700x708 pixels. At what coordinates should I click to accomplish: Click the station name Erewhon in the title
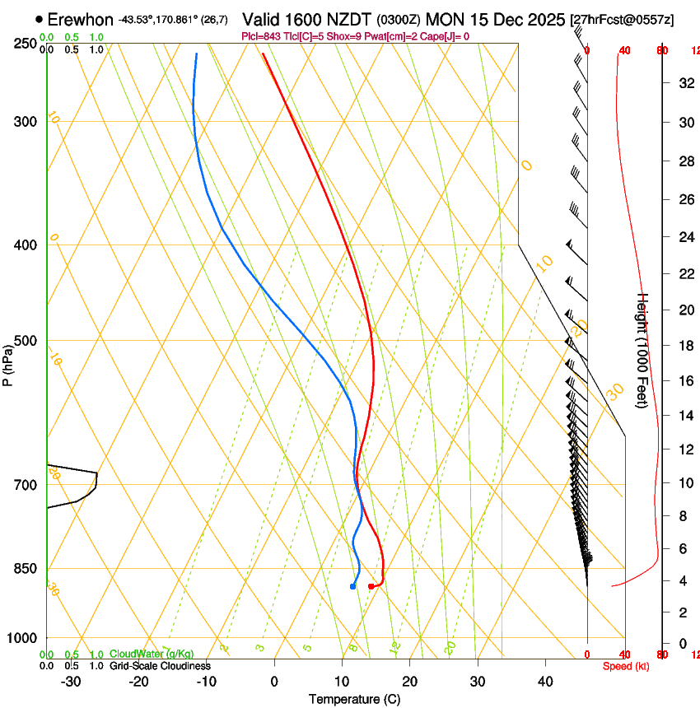pos(81,19)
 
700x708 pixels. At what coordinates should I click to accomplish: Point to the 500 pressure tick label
pos(25,341)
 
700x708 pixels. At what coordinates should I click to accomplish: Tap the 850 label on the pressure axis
pos(25,568)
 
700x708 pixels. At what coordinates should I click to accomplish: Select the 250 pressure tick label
pos(25,44)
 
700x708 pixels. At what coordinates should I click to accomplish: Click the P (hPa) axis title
pos(8,364)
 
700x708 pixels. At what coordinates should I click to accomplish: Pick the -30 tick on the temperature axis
pos(71,682)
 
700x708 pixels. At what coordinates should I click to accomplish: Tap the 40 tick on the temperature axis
pos(544,682)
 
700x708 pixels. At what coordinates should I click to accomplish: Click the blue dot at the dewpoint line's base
pos(352,586)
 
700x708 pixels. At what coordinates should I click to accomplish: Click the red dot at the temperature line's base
pos(371,586)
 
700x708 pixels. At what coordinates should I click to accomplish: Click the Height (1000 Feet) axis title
pos(643,350)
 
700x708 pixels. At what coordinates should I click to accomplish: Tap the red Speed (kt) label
pos(625,666)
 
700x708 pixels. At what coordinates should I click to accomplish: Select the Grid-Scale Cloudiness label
pos(160,665)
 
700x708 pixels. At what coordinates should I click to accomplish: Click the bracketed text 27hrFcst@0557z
pos(621,19)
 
